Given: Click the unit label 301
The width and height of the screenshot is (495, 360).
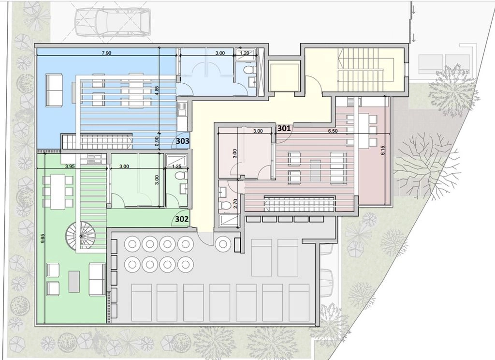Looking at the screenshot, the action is click(x=284, y=128).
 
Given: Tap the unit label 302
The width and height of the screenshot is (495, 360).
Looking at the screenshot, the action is click(x=182, y=219).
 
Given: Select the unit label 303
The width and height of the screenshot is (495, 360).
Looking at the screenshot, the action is click(x=182, y=141).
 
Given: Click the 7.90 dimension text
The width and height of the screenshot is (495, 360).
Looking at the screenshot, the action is click(x=106, y=53).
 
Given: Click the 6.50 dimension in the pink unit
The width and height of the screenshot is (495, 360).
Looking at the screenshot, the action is click(x=333, y=131).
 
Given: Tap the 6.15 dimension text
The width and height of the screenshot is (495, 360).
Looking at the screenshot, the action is click(x=383, y=150).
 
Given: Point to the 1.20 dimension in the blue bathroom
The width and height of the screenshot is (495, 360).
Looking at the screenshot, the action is click(x=245, y=53).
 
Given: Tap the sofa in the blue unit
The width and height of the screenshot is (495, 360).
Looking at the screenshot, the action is click(x=54, y=90).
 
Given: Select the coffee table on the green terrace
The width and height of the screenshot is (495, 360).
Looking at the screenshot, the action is click(x=74, y=282).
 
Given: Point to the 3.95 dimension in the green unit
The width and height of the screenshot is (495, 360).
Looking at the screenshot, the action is click(x=70, y=166).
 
